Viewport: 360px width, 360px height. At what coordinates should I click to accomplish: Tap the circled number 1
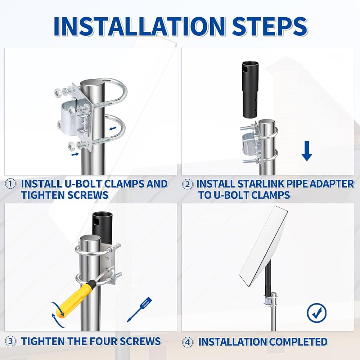pos(10,184)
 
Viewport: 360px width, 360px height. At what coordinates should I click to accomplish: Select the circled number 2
pos(187,184)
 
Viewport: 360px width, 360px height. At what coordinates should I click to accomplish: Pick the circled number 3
pos(10,341)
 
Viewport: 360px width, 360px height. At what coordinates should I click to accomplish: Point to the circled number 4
pos(187,342)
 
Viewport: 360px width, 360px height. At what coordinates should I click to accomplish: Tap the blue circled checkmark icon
pos(316,313)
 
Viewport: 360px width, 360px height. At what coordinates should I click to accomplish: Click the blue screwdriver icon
pos(139,310)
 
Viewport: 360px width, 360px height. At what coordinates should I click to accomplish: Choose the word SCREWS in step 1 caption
pos(87,195)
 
